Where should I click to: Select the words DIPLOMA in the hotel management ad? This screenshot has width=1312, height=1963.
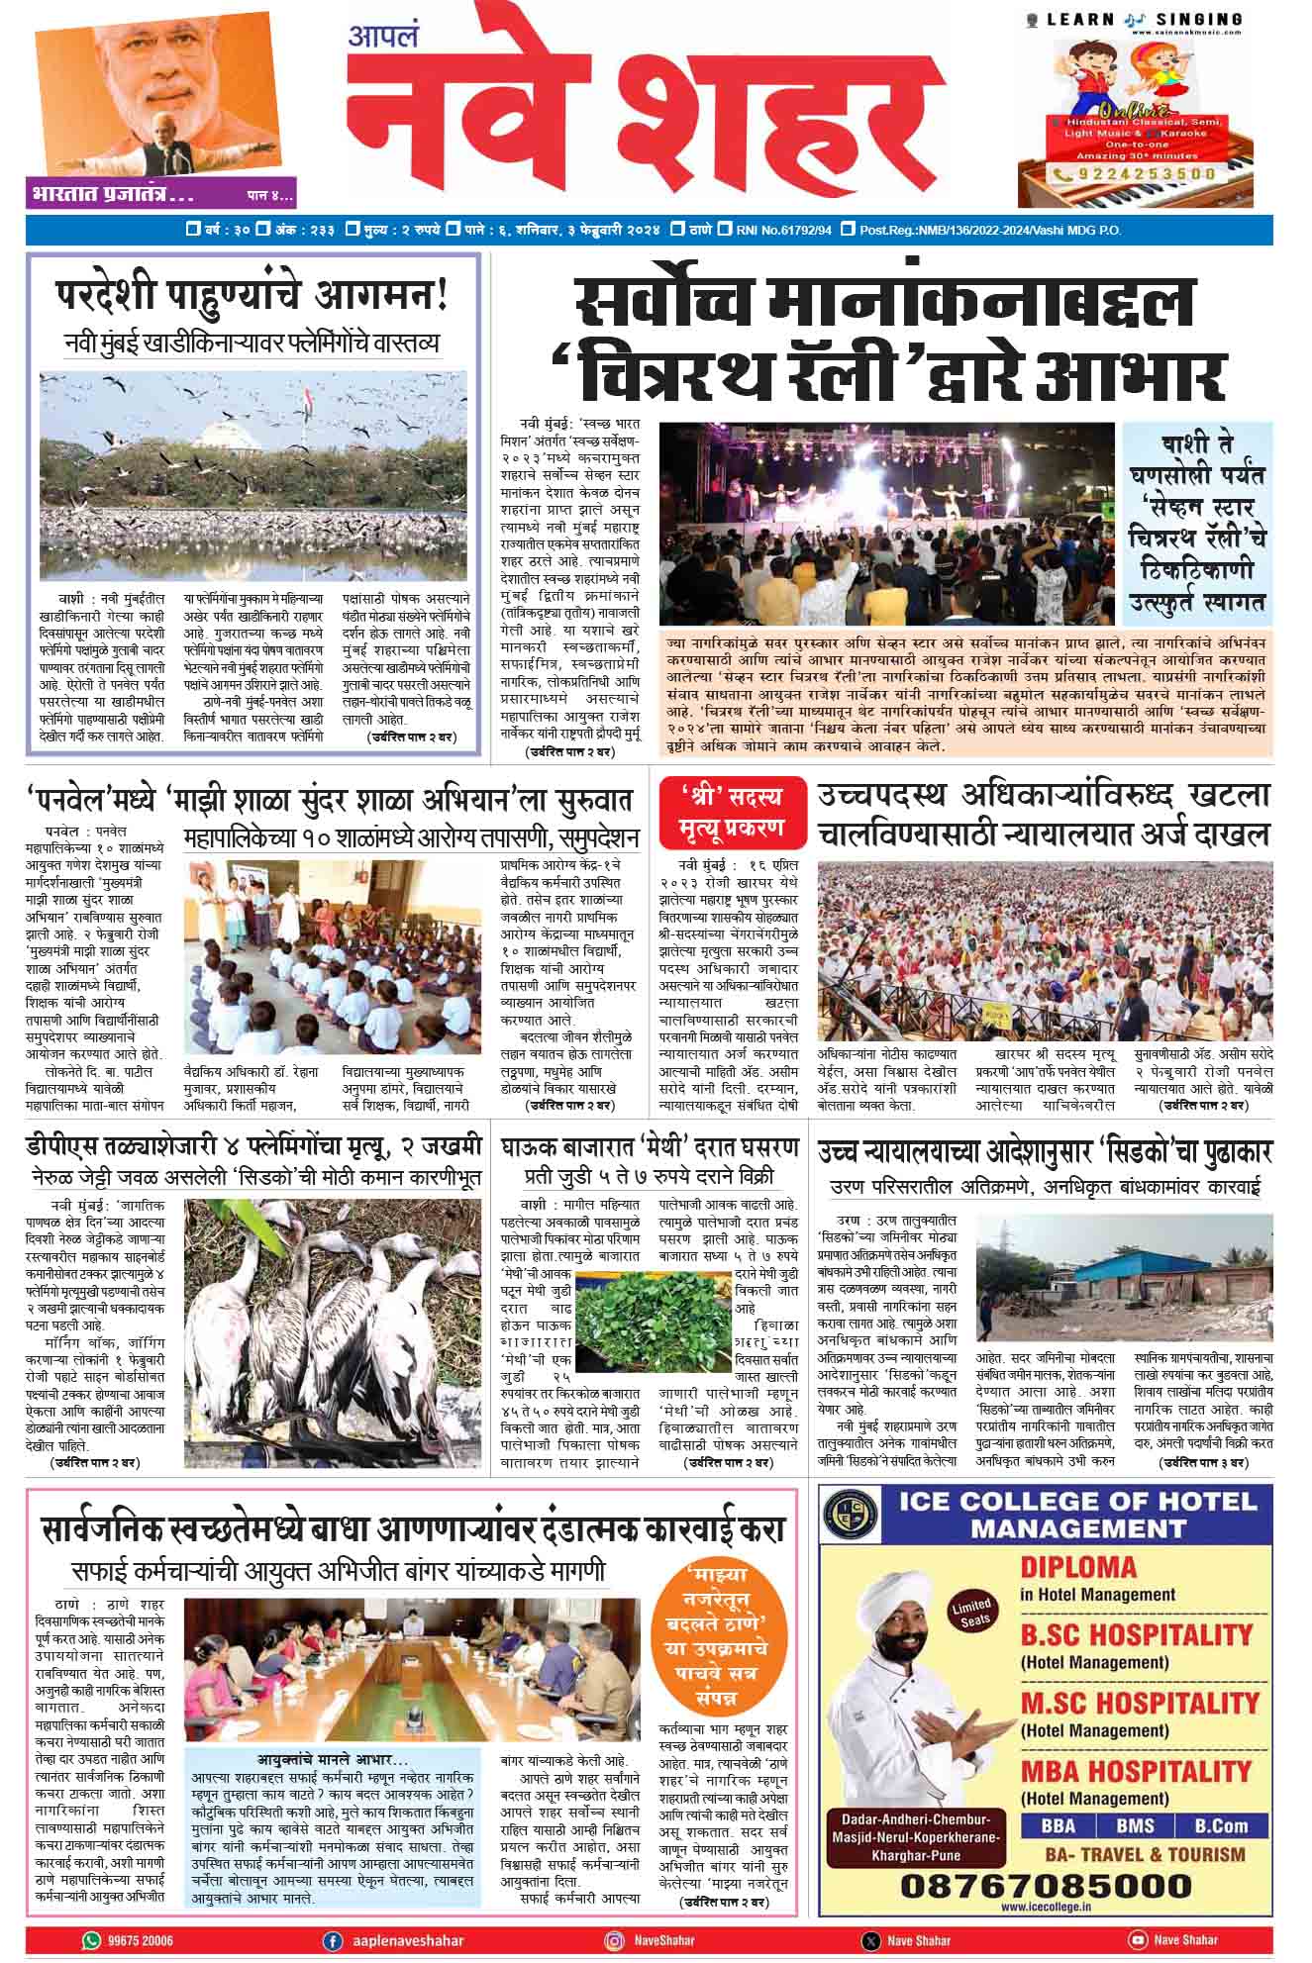[1078, 1568]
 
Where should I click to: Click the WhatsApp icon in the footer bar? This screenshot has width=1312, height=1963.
[92, 1940]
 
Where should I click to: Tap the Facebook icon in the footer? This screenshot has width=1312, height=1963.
[333, 1940]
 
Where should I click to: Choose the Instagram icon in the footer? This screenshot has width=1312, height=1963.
[615, 1940]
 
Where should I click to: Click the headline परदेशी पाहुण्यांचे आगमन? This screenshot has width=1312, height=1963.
[252, 294]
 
